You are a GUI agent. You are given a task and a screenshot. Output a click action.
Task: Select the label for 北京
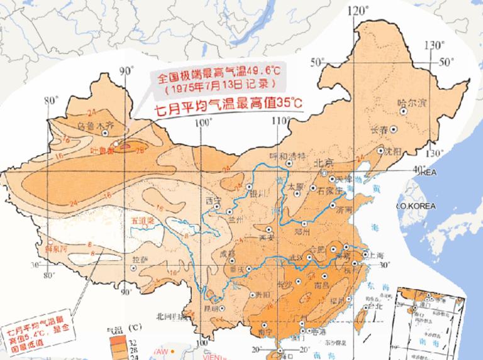[323, 163]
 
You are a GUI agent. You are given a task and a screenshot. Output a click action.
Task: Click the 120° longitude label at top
[360, 9]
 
